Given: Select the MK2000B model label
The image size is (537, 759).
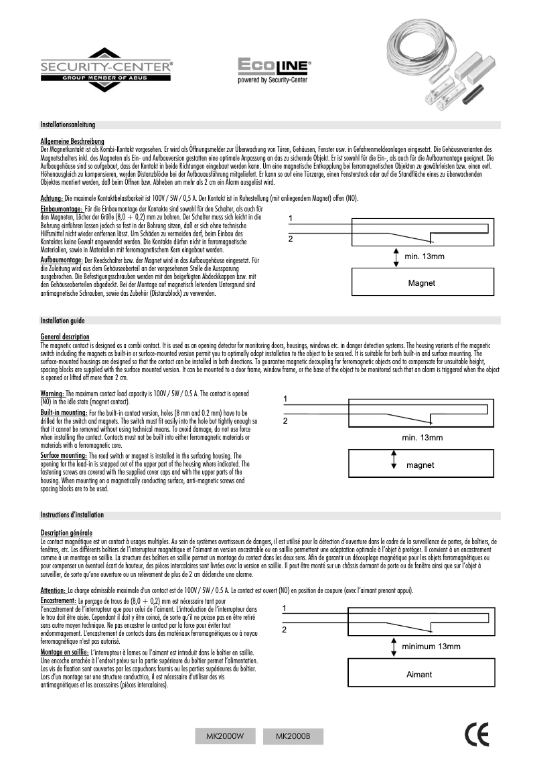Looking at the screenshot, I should pos(293,736).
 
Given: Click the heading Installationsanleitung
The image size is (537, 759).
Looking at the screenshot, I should pos(68,125).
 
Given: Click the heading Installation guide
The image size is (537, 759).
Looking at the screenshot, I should pos(62,321).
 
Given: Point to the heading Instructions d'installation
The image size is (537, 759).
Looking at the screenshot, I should pos(72,515).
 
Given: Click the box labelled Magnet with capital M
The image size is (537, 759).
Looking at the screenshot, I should pos(422,283).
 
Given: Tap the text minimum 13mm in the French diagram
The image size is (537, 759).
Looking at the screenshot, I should pos(431,646).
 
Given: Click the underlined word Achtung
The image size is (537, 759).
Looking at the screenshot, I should pos(52,199).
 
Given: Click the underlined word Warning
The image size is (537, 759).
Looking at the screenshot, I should pos(52,393).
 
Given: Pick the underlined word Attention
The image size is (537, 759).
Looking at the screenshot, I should pos(53,590).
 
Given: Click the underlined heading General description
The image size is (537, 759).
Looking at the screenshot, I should pos(65,337).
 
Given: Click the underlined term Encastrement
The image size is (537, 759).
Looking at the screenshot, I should pos(58,602).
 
